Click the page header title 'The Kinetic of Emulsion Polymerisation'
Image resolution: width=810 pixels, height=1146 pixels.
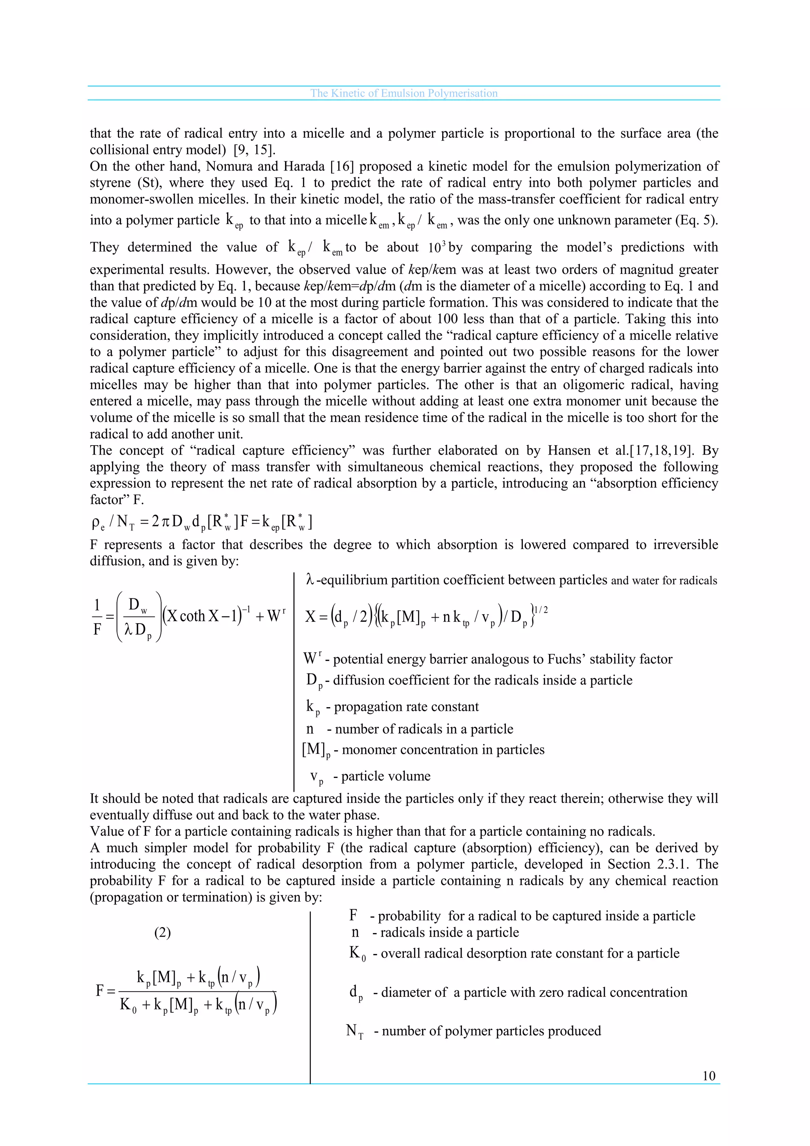point(403,93)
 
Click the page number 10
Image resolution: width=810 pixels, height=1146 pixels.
point(709,1076)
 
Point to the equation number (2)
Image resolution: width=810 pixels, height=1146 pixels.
point(162,932)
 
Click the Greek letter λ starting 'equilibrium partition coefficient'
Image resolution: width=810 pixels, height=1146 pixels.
point(310,580)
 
